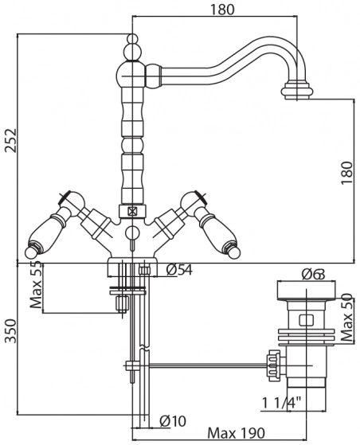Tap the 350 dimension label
pyautogui.click(x=11, y=331)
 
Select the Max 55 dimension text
pyautogui.click(x=36, y=286)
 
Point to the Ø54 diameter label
pyautogui.click(x=179, y=270)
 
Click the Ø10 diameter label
pyautogui.click(x=173, y=420)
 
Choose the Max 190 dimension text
pyautogui.click(x=237, y=433)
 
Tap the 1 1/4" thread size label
pyautogui.click(x=281, y=403)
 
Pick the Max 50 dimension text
pyautogui.click(x=347, y=318)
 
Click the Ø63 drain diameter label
pyautogui.click(x=313, y=275)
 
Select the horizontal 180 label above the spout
pyautogui.click(x=222, y=10)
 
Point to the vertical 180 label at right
pyautogui.click(x=346, y=173)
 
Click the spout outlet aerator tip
pyautogui.click(x=297, y=90)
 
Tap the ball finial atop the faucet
pyautogui.click(x=132, y=38)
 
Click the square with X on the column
pyautogui.click(x=132, y=211)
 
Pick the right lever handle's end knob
pyautogui.click(x=234, y=252)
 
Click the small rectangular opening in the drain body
pyautogui.click(x=306, y=319)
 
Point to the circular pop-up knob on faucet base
pyautogui.click(x=132, y=233)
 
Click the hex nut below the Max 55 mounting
pyautogui.click(x=123, y=303)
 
